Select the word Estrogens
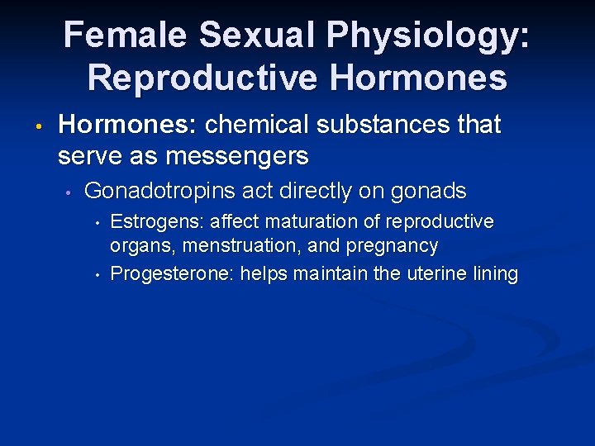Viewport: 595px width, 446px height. coord(158,222)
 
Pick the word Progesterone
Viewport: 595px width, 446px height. coord(172,274)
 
